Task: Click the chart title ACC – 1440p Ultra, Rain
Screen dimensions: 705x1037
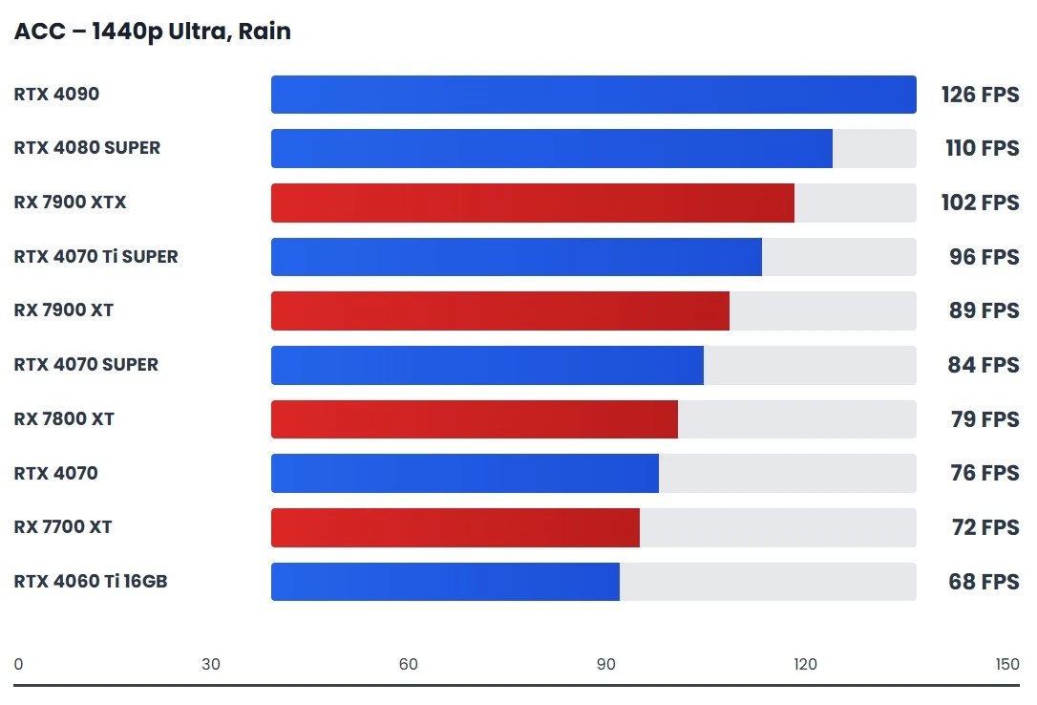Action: point(152,32)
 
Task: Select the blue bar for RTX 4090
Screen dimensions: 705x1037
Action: point(593,95)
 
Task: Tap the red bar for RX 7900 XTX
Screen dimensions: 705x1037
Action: point(532,203)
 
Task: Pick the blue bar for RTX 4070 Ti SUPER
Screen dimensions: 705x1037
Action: point(516,257)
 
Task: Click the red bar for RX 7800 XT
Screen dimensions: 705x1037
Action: point(474,419)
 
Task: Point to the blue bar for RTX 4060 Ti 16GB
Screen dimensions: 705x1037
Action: point(445,582)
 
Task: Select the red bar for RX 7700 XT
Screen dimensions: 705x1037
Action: point(455,527)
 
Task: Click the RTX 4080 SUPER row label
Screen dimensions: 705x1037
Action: point(87,148)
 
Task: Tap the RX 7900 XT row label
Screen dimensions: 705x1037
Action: point(63,310)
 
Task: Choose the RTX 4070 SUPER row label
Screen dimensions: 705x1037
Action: point(86,365)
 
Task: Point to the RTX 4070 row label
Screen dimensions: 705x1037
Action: point(55,473)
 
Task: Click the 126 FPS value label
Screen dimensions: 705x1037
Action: point(980,95)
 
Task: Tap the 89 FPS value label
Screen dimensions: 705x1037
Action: point(984,310)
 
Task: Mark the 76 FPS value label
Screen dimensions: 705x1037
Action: point(984,473)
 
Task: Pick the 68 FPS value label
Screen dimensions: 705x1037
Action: point(984,582)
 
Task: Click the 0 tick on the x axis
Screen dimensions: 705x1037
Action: point(19,665)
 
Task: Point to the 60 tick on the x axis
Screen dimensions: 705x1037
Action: point(409,665)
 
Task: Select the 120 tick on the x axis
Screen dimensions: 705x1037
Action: point(805,665)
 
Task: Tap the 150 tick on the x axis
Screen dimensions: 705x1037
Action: point(1007,665)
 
